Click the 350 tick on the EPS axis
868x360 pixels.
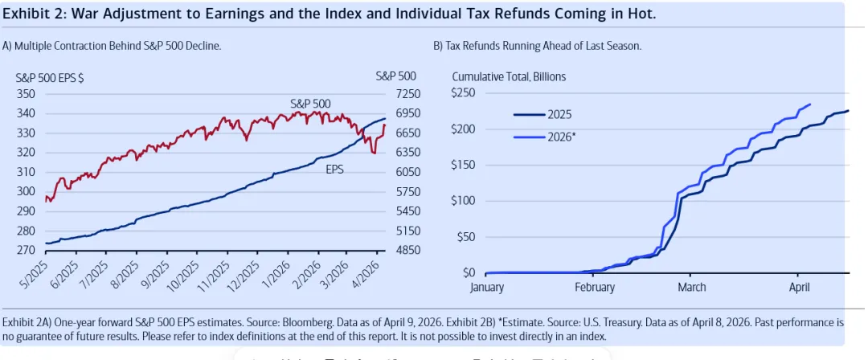27,94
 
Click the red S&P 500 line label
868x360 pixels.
309,104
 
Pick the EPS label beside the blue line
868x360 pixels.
335,170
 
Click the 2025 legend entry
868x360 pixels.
561,115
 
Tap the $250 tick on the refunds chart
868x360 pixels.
464,94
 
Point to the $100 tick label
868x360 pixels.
464,201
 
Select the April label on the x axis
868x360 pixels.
799,287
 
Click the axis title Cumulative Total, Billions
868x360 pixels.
509,76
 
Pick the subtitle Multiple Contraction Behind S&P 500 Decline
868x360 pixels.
112,46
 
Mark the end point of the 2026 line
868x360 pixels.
810,104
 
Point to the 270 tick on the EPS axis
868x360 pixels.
27,250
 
